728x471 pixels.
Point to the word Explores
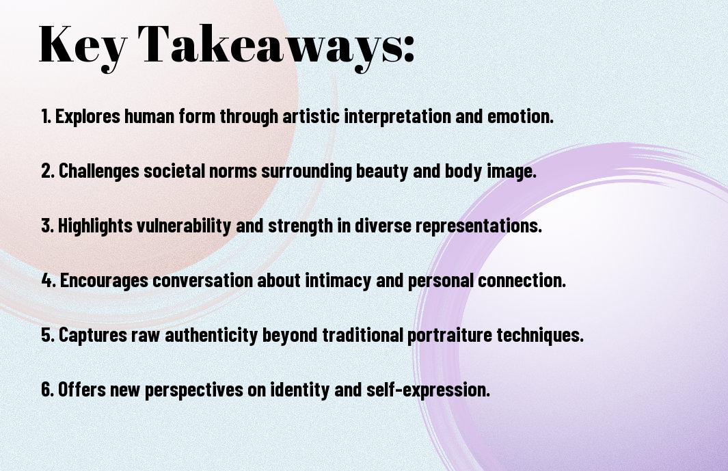click(x=87, y=116)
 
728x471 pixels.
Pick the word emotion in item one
click(x=520, y=116)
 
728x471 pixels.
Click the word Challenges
click(x=99, y=171)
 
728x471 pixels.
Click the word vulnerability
click(x=184, y=226)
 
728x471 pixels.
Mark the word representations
click(x=478, y=226)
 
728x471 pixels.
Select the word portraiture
click(x=450, y=335)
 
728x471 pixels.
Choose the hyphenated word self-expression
click(x=428, y=389)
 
